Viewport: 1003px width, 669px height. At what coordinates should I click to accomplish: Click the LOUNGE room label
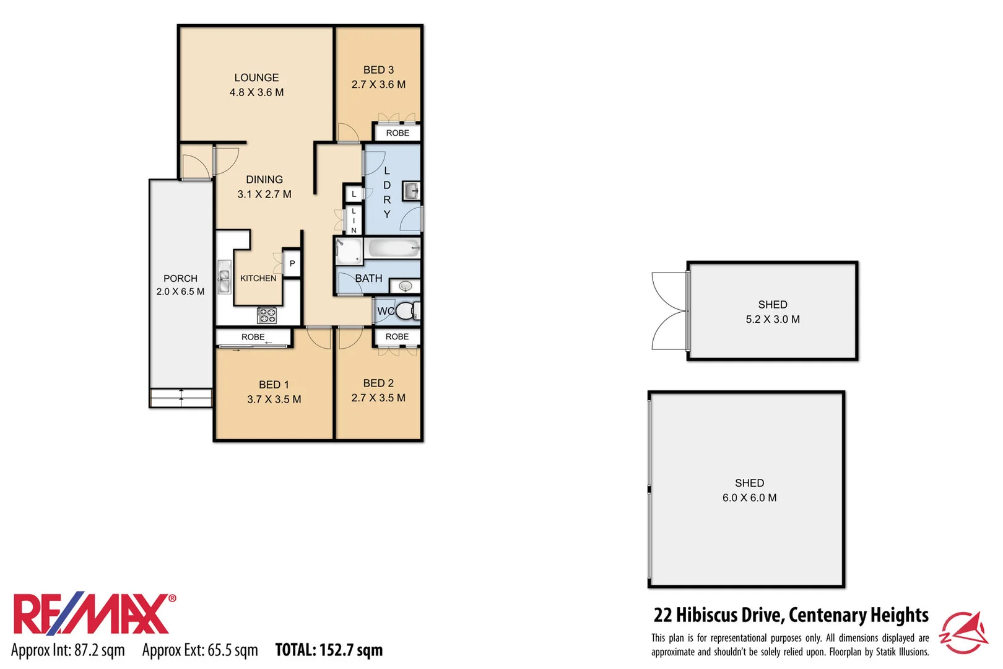pyautogui.click(x=256, y=77)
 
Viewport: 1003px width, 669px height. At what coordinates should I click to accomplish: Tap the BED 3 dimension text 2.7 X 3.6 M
pyautogui.click(x=378, y=84)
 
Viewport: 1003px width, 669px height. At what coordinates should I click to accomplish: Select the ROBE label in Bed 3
pyautogui.click(x=397, y=133)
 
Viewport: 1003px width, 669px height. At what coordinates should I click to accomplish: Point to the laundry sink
pyautogui.click(x=411, y=191)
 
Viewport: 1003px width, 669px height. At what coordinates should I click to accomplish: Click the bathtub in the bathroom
pyautogui.click(x=393, y=249)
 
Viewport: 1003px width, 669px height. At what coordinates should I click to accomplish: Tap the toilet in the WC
pyautogui.click(x=406, y=311)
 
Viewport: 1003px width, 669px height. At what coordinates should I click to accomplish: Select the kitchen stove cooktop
pyautogui.click(x=267, y=315)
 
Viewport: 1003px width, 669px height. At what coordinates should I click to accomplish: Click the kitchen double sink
pyautogui.click(x=224, y=278)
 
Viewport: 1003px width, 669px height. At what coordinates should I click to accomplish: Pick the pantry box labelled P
pyautogui.click(x=292, y=263)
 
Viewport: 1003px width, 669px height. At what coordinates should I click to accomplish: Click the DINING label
pyautogui.click(x=264, y=180)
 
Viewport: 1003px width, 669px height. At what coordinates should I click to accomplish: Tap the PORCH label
pyautogui.click(x=180, y=278)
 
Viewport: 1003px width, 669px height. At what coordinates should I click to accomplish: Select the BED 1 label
pyautogui.click(x=274, y=385)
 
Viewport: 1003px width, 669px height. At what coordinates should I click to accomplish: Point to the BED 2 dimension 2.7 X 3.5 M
pyautogui.click(x=378, y=398)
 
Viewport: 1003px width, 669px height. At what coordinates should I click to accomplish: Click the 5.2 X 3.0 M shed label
pyautogui.click(x=773, y=319)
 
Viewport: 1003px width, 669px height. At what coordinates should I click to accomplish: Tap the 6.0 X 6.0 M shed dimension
pyautogui.click(x=749, y=497)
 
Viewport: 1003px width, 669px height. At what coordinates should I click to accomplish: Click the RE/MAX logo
pyautogui.click(x=93, y=614)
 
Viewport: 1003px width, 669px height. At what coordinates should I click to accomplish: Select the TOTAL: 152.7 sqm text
pyautogui.click(x=329, y=650)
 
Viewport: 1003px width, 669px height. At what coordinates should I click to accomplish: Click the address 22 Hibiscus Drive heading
pyautogui.click(x=791, y=614)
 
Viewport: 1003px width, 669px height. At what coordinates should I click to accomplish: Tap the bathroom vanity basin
pyautogui.click(x=406, y=286)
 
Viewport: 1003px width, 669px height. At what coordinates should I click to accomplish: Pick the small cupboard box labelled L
pyautogui.click(x=354, y=194)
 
